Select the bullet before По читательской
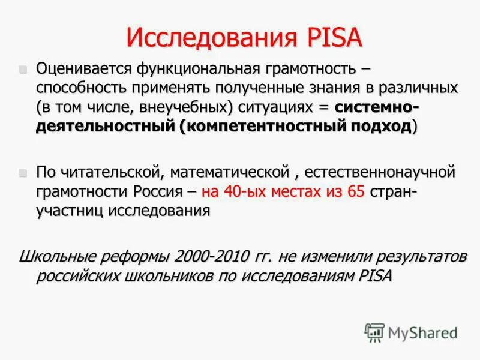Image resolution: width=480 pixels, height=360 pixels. click(23, 172)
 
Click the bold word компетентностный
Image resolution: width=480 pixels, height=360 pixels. click(253, 127)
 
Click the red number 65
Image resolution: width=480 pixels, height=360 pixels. click(355, 192)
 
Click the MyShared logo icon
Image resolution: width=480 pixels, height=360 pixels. click(374, 332)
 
